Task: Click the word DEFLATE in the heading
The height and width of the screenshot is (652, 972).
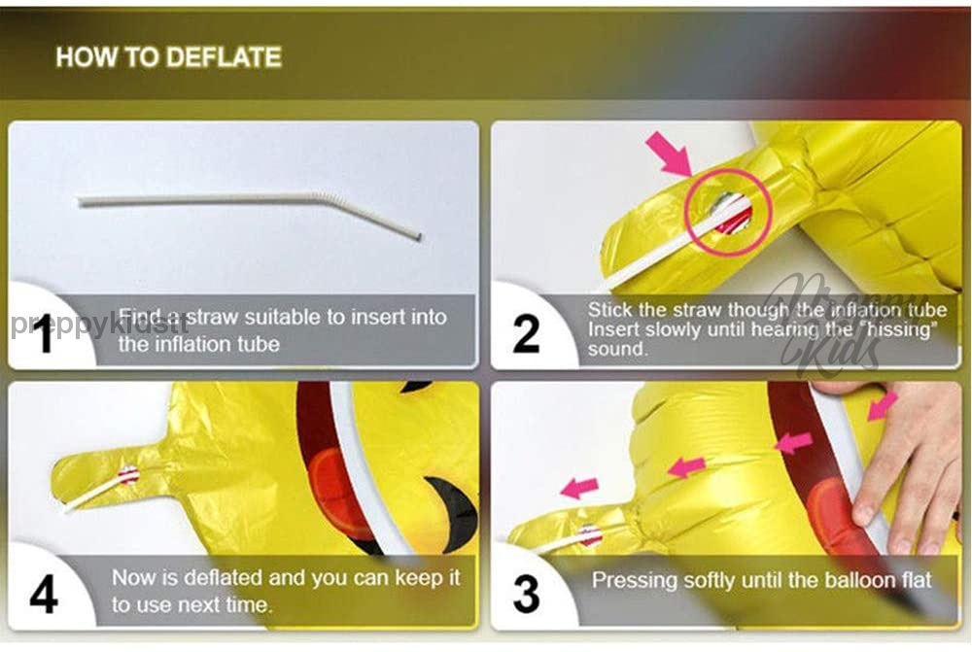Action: pyautogui.click(x=225, y=57)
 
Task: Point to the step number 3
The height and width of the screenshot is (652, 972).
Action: pyautogui.click(x=526, y=594)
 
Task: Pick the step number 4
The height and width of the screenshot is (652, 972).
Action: pyautogui.click(x=44, y=595)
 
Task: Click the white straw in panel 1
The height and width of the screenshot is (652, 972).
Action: pyautogui.click(x=249, y=208)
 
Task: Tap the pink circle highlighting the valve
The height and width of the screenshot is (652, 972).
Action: pyautogui.click(x=728, y=212)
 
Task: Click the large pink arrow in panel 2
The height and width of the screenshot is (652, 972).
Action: pyautogui.click(x=670, y=154)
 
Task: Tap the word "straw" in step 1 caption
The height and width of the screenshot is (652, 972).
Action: pyautogui.click(x=213, y=317)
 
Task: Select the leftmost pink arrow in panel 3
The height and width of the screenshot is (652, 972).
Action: pyautogui.click(x=579, y=488)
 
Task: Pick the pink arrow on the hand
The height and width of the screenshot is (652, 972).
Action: pyautogui.click(x=883, y=406)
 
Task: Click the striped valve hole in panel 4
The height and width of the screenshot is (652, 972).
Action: pyautogui.click(x=129, y=474)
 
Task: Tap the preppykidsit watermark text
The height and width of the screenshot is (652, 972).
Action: pyautogui.click(x=99, y=325)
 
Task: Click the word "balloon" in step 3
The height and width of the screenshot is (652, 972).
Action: pyautogui.click(x=860, y=580)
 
